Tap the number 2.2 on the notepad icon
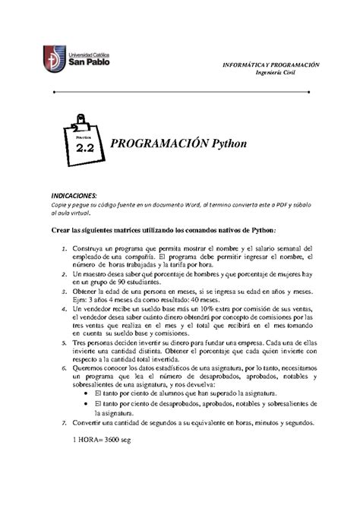click(x=83, y=150)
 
